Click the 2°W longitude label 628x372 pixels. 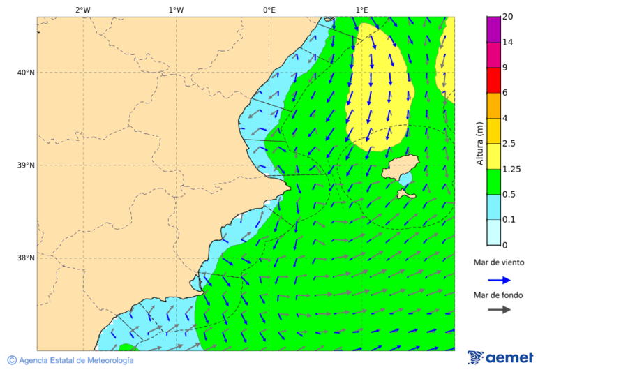point(82,10)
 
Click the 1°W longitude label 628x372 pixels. point(176,10)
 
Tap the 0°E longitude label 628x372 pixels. point(269,10)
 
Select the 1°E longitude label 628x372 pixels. point(361,10)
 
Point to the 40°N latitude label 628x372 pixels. point(26,73)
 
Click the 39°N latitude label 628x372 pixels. point(26,165)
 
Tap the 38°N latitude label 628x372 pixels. point(26,258)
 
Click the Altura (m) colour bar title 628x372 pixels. point(480,143)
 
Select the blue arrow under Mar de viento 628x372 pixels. point(499,280)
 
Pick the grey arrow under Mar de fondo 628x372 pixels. point(499,309)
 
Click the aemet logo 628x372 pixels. point(500,357)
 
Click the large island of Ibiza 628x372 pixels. point(399,168)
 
